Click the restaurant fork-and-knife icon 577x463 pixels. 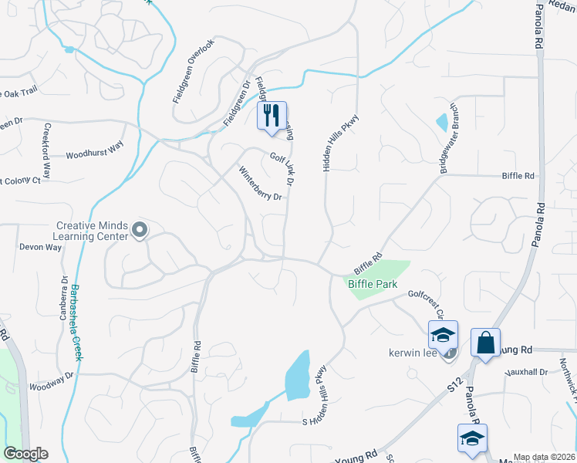pyautogui.click(x=272, y=116)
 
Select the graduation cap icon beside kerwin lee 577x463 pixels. pyautogui.click(x=443, y=335)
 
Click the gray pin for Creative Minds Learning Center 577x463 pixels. pyautogui.click(x=140, y=229)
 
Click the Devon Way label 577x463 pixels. pyautogui.click(x=40, y=248)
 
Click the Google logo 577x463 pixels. pyautogui.click(x=25, y=454)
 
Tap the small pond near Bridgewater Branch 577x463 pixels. pyautogui.click(x=441, y=122)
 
